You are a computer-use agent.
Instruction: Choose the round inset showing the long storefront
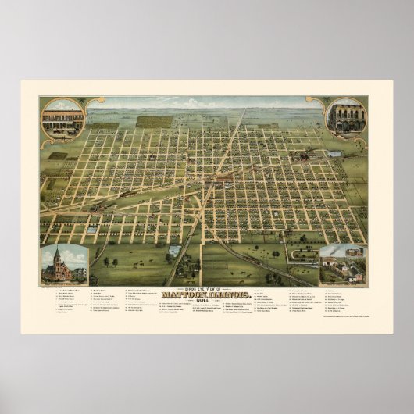(63, 119)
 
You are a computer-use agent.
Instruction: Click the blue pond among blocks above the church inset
(92, 230)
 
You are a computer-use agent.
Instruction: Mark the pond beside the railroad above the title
(173, 251)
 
